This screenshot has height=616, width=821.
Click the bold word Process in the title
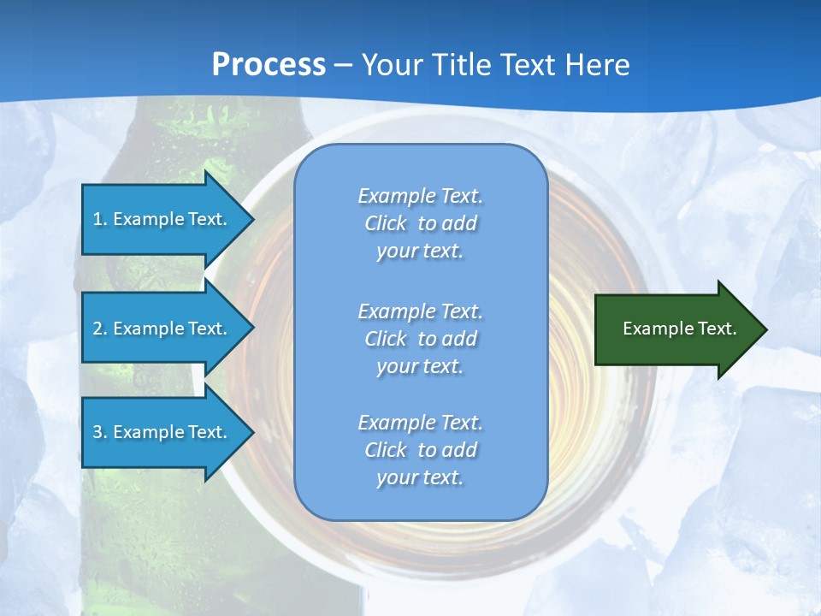269,64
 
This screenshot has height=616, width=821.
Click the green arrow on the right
676,329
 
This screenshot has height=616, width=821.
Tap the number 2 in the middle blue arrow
97,329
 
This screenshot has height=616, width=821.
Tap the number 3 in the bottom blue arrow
97,432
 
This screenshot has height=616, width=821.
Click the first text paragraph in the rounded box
420,223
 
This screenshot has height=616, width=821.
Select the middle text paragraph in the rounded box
420,339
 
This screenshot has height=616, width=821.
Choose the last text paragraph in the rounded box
420,450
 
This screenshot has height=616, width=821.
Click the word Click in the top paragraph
386,223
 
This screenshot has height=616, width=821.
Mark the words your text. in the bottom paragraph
420,477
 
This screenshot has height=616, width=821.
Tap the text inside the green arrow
679,329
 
